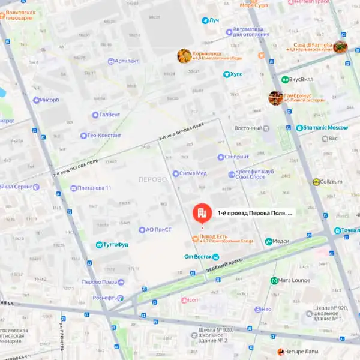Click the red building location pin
click(201, 213)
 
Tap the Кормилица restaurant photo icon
click(184, 56)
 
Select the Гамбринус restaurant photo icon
click(275, 98)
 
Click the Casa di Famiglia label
click(313, 44)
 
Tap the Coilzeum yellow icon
click(316, 182)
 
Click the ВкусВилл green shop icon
click(284, 79)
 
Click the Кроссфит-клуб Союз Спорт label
click(250, 174)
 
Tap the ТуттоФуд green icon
click(100, 245)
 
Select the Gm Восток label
click(197, 257)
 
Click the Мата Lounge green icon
click(274, 280)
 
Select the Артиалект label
click(126, 61)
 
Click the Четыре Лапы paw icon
click(280, 352)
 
